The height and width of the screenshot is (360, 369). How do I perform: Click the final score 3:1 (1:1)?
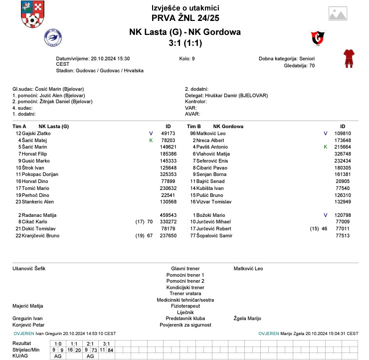coord(184,43)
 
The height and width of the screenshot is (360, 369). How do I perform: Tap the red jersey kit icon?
coord(348,58)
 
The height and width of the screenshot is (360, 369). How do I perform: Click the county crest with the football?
coord(31,14)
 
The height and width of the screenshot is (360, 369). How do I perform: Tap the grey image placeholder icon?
coord(338,13)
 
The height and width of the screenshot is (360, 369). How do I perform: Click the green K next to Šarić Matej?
coord(151,141)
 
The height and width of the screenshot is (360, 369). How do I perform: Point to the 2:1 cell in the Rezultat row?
coord(90,344)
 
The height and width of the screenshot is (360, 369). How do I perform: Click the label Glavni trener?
coord(185,269)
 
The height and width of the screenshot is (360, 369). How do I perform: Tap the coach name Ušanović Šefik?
coord(28,269)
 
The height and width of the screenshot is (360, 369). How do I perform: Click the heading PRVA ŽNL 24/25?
coord(184,18)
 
